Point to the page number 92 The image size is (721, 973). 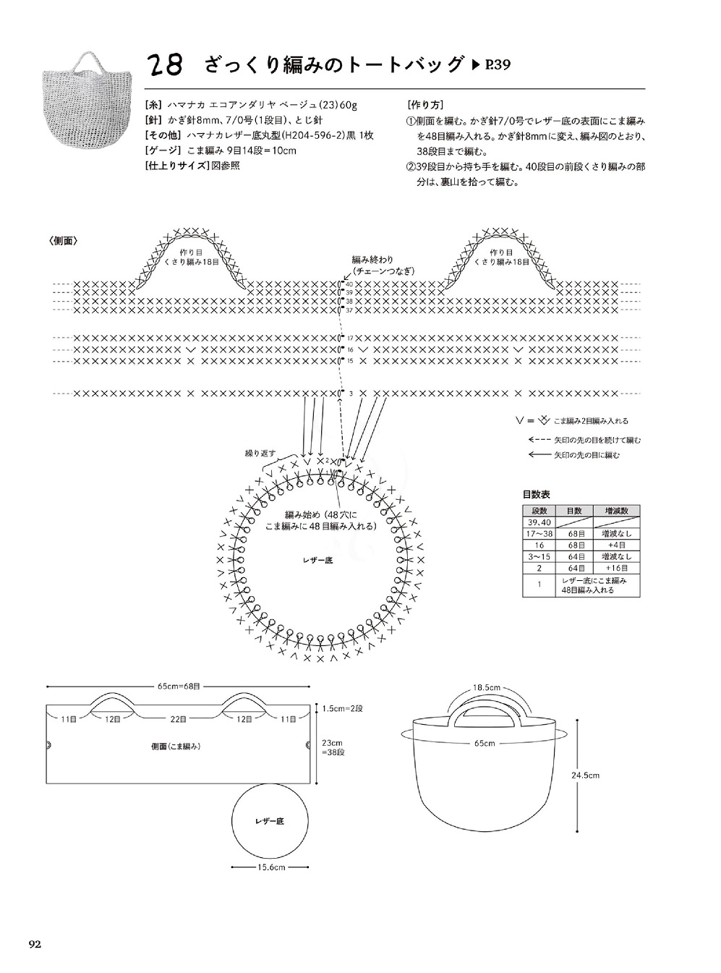click(x=36, y=943)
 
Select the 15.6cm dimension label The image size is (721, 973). click(x=270, y=867)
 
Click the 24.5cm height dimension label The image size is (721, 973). click(x=585, y=776)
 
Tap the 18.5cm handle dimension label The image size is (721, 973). click(x=487, y=687)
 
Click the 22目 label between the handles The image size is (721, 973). click(x=179, y=719)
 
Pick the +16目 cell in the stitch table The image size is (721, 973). click(x=615, y=569)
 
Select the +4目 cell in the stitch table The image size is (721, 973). click(x=615, y=545)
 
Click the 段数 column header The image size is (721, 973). click(x=539, y=511)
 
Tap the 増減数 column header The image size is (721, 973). click(x=615, y=511)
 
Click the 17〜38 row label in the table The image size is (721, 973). click(x=539, y=534)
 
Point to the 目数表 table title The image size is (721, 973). click(x=536, y=495)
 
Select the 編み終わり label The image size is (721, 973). click(x=373, y=260)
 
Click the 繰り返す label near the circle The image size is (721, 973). click(x=261, y=453)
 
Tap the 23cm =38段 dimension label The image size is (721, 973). click(x=333, y=747)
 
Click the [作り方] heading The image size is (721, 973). click(x=426, y=104)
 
